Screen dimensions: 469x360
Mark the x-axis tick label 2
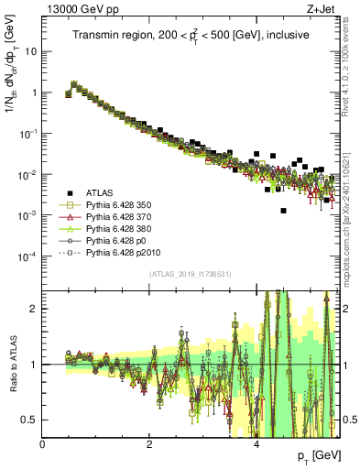pos(149,443)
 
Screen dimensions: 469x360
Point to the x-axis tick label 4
pos(256,443)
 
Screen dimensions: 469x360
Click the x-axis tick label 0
pos(43,443)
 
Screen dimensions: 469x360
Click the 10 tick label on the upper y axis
pos(29,51)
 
